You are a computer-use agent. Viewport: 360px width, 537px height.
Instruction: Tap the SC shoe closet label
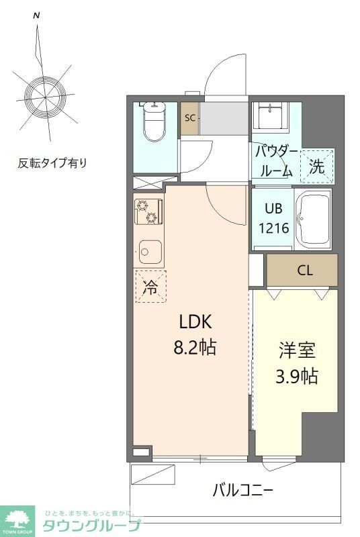(x=189, y=118)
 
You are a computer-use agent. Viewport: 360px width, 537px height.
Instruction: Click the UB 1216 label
(x=274, y=219)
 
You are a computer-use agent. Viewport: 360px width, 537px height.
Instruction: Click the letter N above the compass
(x=36, y=15)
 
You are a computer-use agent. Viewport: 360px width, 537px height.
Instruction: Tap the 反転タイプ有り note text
(x=52, y=162)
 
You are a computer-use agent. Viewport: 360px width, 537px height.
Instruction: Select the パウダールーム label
(x=275, y=160)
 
